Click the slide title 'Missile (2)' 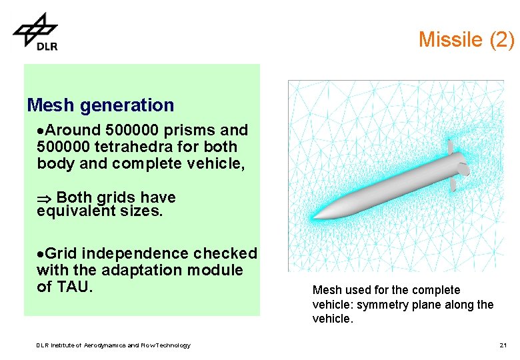(x=466, y=39)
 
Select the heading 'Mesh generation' (x=100, y=105)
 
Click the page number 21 (x=503, y=345)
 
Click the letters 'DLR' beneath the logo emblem (x=47, y=46)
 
